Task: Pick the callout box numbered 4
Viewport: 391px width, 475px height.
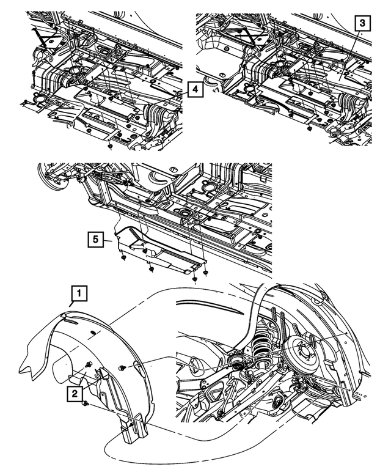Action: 193,90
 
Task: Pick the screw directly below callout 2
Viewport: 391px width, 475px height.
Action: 87,405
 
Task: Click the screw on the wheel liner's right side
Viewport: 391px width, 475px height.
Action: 124,368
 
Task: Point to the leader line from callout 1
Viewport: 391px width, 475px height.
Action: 70,307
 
